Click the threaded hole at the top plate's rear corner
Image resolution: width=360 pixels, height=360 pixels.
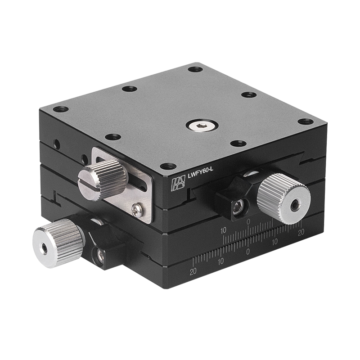point(195,69)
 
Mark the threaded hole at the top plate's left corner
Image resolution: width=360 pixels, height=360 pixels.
point(61,109)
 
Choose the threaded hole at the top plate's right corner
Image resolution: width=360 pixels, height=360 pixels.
point(306,121)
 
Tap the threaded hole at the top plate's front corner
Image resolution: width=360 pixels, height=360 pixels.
point(168,166)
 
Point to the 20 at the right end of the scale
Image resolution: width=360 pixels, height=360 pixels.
point(301,232)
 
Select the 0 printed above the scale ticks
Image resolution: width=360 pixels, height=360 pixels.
point(248,222)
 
